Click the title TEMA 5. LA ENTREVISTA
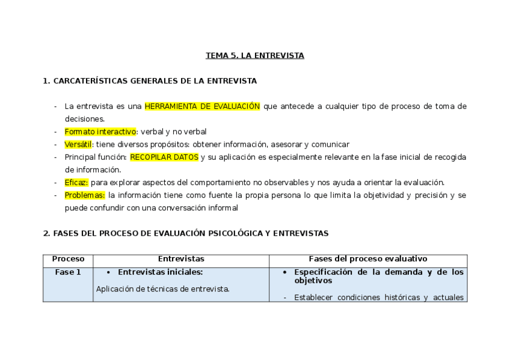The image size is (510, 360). tap(255, 56)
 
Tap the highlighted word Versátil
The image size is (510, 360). tap(79, 144)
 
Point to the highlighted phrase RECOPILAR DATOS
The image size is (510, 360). tap(164, 157)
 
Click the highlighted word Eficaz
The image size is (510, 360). tap(76, 182)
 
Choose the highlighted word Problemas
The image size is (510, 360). tap(85, 195)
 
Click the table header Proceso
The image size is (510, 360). tap(69, 259)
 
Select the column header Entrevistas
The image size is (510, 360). tap(181, 259)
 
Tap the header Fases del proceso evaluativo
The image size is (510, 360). tap(368, 259)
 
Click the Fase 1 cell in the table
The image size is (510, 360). tap(68, 272)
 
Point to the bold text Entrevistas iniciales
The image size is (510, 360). tap(160, 272)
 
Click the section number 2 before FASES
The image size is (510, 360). tap(46, 233)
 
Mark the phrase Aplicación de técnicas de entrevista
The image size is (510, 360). tap(163, 289)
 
